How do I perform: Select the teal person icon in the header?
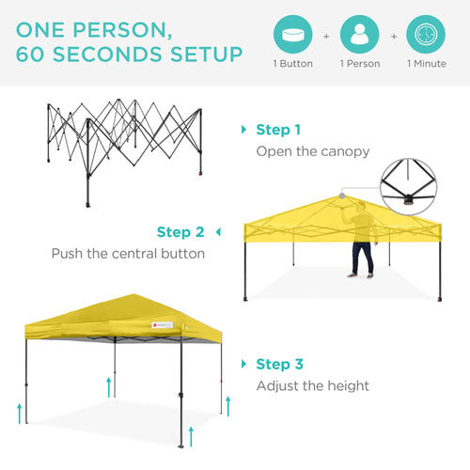[x=358, y=35]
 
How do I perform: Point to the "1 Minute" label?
[x=426, y=65]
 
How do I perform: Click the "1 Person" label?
[x=358, y=65]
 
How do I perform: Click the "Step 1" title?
[x=278, y=130]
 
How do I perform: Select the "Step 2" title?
[x=180, y=232]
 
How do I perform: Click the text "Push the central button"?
[x=127, y=254]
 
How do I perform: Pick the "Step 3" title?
[x=278, y=364]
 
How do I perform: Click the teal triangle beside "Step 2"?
[x=218, y=231]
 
